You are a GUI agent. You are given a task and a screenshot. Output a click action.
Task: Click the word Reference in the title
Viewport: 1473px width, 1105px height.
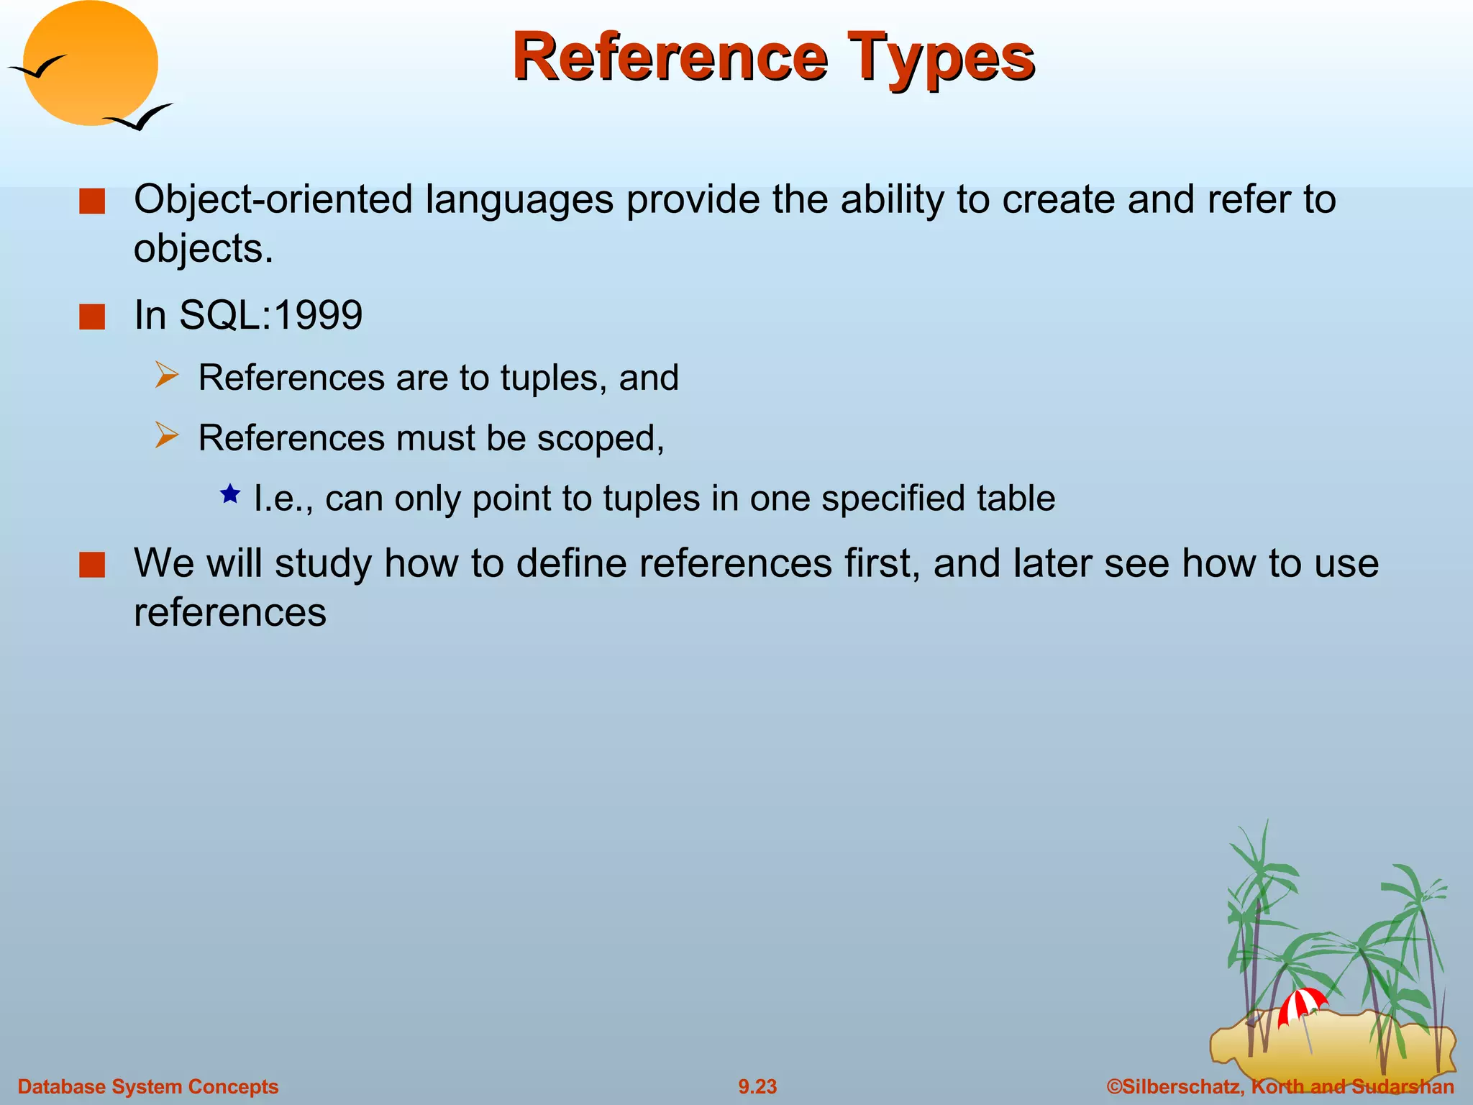[669, 58]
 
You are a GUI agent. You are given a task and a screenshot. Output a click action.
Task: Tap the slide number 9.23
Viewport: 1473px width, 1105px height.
[757, 1086]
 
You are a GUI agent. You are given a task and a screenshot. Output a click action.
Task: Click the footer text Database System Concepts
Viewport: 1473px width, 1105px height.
[147, 1086]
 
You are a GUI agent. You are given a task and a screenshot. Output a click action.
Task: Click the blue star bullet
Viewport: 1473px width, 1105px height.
[230, 494]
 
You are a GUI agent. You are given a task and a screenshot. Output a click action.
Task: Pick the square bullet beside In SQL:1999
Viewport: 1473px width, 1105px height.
[92, 317]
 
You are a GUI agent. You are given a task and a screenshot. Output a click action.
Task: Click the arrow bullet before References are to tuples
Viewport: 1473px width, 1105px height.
[166, 376]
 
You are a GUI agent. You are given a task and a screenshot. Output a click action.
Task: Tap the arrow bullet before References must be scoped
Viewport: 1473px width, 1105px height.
[166, 436]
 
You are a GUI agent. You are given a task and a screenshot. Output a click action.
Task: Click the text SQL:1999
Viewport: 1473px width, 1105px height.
[270, 315]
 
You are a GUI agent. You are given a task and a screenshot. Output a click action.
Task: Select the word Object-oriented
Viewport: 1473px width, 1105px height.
[273, 199]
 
